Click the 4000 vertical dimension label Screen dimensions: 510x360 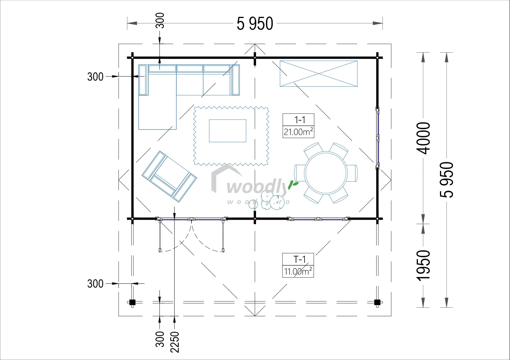423,138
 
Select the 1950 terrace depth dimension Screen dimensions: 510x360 423,265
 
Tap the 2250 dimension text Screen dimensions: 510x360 175,342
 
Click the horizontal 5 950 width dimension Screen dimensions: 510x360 255,24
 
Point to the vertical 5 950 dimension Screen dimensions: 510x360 447,180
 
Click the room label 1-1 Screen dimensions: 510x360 299,120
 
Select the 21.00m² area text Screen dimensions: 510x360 298,132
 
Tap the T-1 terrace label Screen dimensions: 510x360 299,259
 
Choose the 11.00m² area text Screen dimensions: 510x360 298,271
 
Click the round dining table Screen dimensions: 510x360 326,173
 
